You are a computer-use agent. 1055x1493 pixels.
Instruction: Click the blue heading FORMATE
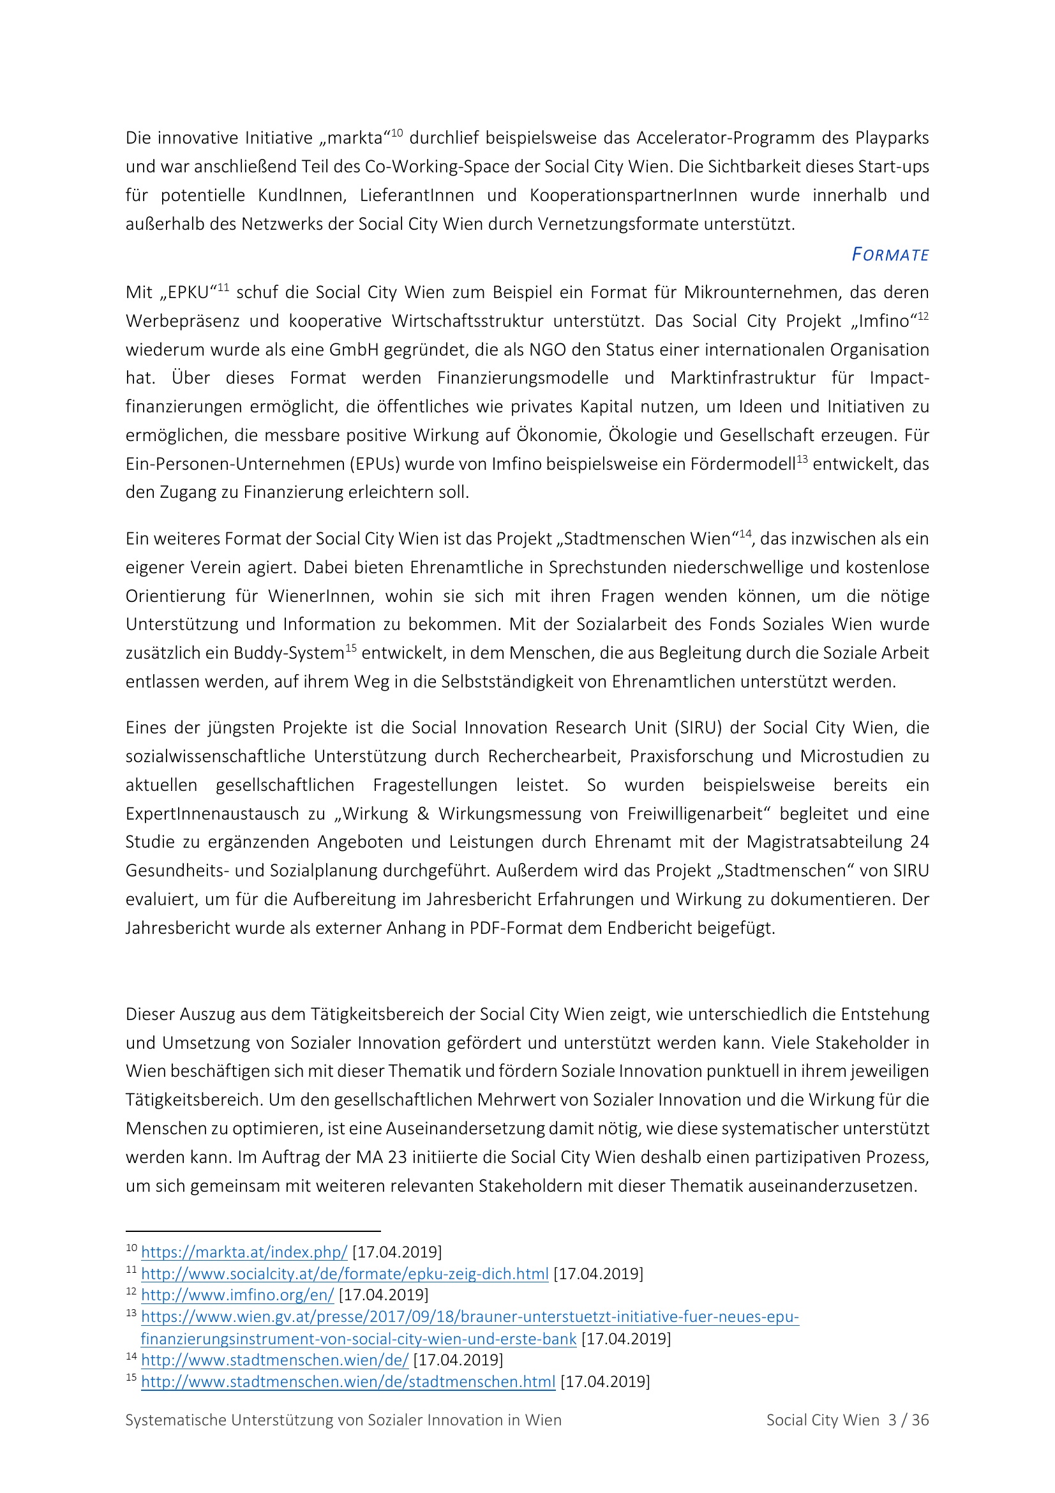[890, 254]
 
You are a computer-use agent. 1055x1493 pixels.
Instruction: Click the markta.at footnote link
[244, 1252]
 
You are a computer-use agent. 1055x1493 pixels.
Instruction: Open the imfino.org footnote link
[237, 1294]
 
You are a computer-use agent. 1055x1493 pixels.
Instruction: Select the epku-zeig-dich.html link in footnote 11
[345, 1273]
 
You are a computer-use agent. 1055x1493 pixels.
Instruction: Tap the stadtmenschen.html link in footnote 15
[348, 1381]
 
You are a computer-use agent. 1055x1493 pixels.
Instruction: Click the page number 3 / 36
[909, 1420]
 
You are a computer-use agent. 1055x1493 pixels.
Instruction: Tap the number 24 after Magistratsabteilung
[919, 841]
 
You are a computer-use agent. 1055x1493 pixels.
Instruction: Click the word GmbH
[354, 349]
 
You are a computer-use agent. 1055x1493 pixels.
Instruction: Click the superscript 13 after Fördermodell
[802, 459]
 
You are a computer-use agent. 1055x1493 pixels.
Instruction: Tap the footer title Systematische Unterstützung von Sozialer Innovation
[343, 1420]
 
